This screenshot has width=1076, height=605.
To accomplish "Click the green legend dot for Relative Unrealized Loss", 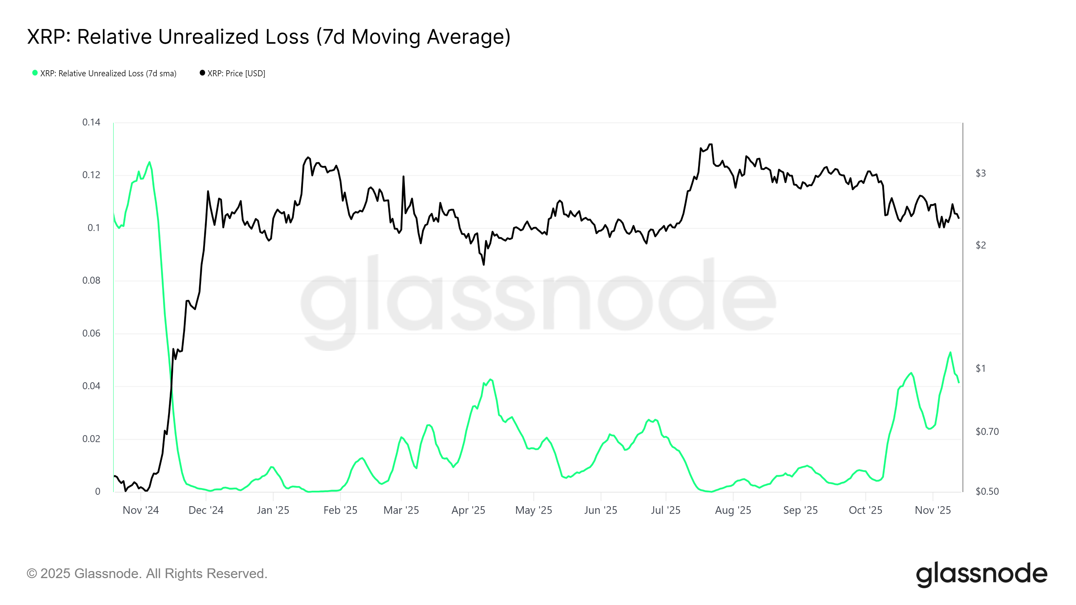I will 35,73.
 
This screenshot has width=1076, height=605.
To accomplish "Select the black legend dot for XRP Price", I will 202,73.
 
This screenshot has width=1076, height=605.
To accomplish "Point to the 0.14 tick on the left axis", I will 91,122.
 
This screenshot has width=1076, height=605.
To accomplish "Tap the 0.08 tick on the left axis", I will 91,281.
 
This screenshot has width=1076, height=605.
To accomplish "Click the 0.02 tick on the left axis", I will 91,439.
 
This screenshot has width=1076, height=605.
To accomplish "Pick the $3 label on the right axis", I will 981,173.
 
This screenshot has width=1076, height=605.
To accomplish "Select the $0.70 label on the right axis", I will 987,432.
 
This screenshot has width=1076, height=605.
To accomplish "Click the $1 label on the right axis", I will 981,368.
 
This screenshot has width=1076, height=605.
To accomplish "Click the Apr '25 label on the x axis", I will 468,510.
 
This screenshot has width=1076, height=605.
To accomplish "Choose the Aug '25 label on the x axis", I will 733,510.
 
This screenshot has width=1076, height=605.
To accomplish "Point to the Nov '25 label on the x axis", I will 932,510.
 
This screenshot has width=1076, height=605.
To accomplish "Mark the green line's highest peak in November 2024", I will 150,162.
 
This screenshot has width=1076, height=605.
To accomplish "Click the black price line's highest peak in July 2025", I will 710,145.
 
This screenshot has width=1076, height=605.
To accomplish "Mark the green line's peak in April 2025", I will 491,379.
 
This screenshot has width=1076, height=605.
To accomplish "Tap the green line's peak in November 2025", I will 950,352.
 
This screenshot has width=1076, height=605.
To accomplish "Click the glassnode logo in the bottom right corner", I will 981,574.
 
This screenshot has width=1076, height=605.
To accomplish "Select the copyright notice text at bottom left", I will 147,574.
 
